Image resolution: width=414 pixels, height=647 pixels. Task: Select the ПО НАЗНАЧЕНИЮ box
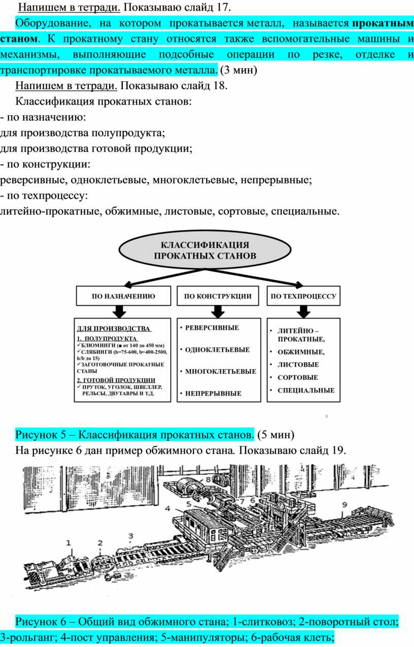coord(123,296)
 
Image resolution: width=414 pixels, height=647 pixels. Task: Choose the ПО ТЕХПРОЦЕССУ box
coord(303,296)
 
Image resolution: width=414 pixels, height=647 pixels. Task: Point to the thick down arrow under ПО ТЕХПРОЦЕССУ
coord(303,311)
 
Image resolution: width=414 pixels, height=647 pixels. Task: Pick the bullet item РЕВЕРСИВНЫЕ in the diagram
coord(212,328)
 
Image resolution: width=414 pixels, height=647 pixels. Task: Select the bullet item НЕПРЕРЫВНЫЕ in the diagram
coord(213,393)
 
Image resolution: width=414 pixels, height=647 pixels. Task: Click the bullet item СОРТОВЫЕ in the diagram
coord(297,377)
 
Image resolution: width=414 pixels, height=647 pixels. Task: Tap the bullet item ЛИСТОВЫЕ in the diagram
coord(298,365)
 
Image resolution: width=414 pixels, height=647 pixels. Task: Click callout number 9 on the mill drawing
coord(344,505)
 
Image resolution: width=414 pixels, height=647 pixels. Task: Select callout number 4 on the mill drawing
coord(167,507)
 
